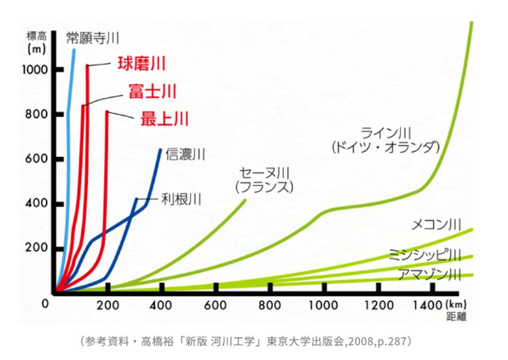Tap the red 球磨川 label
coord(141,64)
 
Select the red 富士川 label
coord(152,91)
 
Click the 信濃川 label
coord(185,154)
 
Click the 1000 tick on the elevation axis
coord(35,69)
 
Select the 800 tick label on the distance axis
coord(270,305)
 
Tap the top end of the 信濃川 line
coord(160,150)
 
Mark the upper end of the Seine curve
coord(245,200)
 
